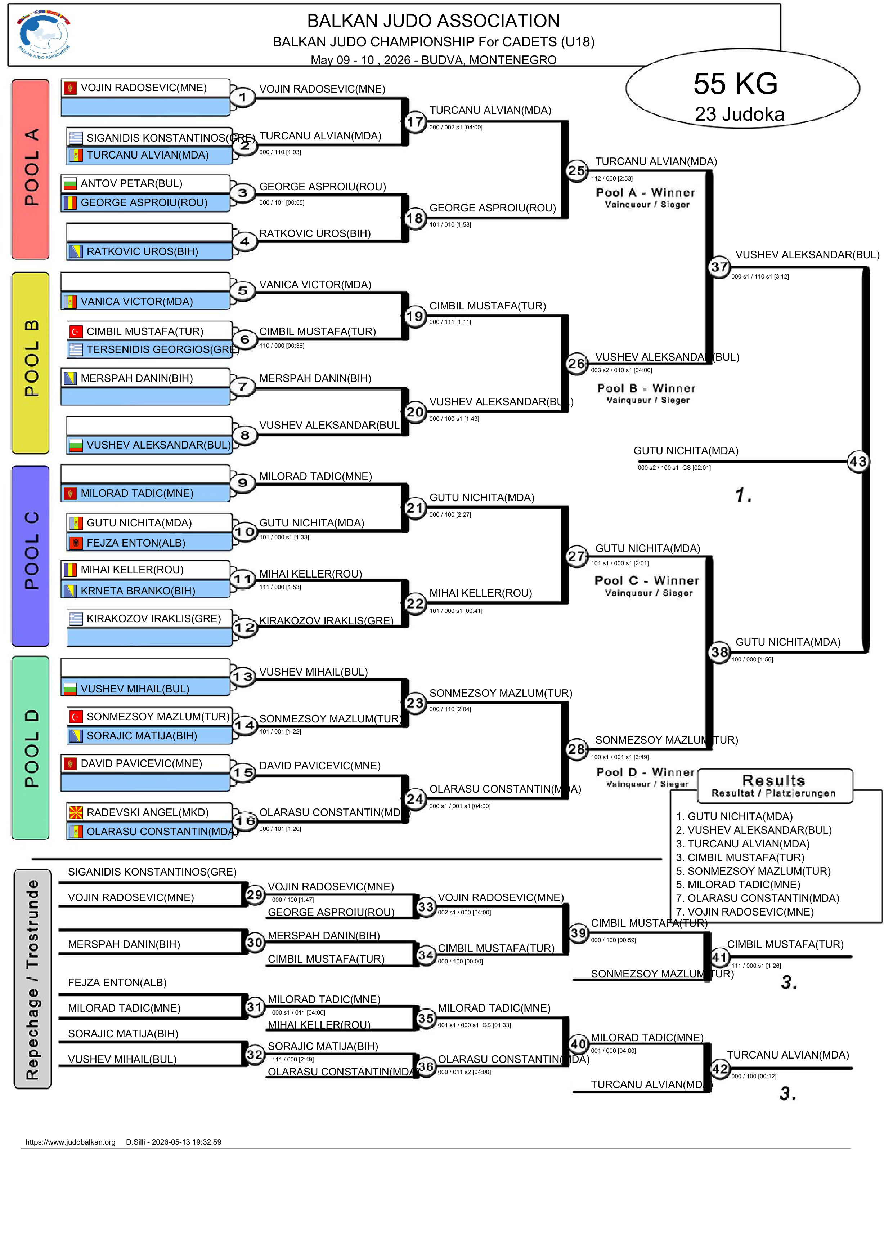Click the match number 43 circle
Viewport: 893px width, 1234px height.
click(x=858, y=462)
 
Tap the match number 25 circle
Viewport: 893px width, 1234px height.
click(x=576, y=170)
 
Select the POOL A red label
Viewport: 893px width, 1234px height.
click(x=31, y=169)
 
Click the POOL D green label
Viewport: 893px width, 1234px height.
click(x=31, y=748)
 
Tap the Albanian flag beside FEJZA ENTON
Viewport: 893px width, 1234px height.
click(x=76, y=543)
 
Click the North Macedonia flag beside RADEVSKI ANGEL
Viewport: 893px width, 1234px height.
click(x=76, y=812)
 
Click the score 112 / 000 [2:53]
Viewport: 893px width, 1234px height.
click(x=612, y=178)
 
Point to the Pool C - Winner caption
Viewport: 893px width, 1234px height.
click(x=647, y=580)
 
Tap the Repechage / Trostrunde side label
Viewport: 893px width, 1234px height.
click(x=33, y=979)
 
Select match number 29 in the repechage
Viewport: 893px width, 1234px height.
click(x=255, y=895)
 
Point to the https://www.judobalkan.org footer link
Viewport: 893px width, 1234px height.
click(x=70, y=1142)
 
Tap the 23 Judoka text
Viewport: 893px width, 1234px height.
click(x=739, y=114)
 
